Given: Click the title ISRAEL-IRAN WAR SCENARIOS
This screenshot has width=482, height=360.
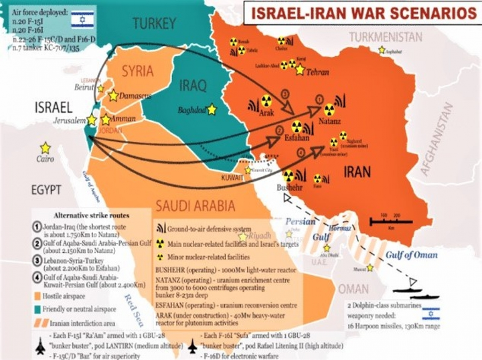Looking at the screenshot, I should point(359,14).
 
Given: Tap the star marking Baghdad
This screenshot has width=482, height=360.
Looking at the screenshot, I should point(212,108).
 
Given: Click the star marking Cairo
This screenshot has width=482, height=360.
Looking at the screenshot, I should point(45,148).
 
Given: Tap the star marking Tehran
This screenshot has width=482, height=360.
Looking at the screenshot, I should point(300,70).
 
